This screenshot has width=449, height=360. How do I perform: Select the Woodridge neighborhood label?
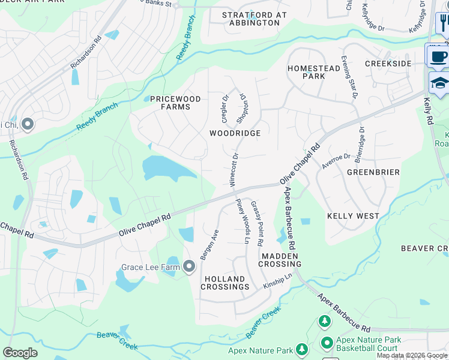tap(235, 133)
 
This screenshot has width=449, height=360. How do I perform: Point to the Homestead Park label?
tap(314, 72)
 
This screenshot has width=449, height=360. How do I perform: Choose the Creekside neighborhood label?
tap(388, 64)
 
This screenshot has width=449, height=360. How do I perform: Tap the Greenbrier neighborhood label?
tap(373, 172)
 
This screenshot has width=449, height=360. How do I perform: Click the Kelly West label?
tap(353, 215)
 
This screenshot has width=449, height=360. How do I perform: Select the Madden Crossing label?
tap(280, 260)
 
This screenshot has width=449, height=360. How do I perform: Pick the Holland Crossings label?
tap(225, 283)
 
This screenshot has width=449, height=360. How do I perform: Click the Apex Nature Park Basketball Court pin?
tap(327, 344)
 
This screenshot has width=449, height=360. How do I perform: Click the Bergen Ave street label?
tap(208, 244)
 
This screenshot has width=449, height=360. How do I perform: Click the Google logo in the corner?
tap(20, 353)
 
